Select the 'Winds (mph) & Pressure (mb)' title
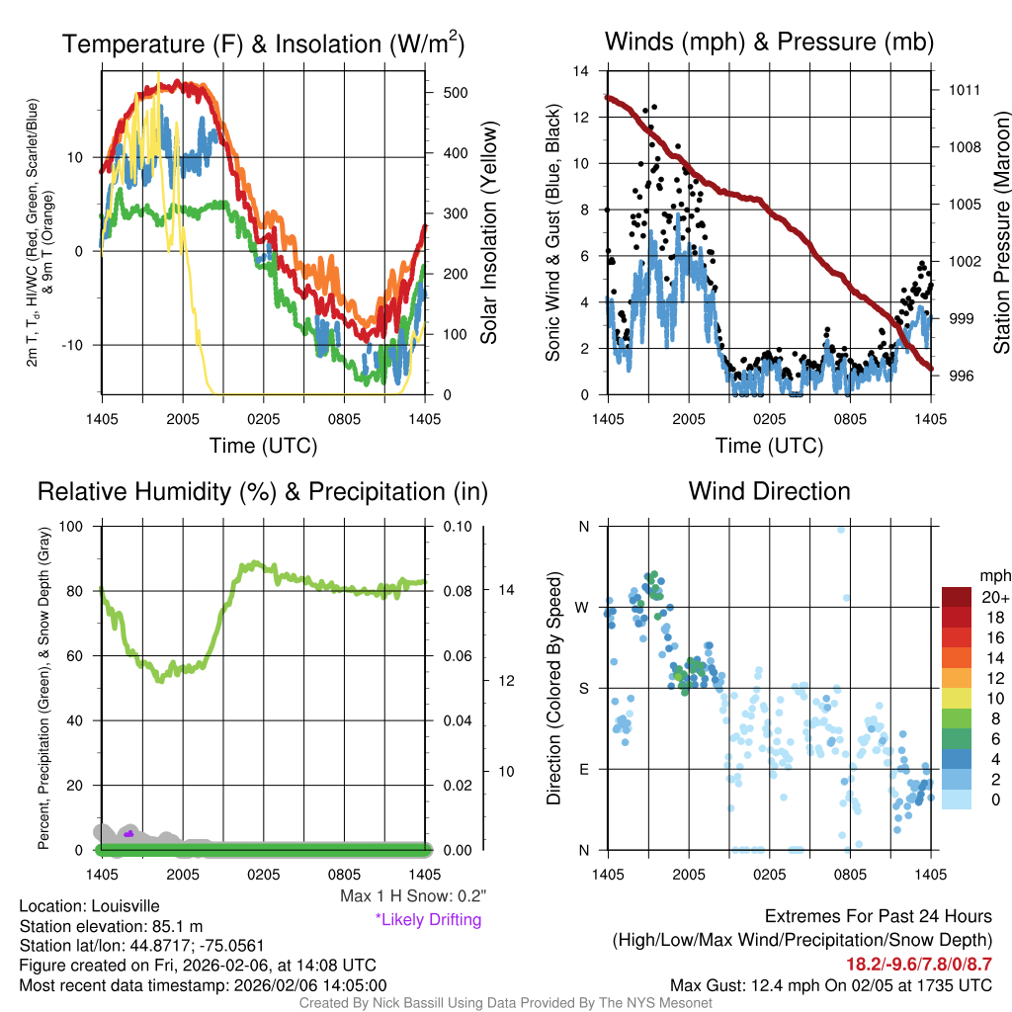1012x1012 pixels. point(769,42)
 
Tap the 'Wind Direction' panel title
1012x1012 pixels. point(769,491)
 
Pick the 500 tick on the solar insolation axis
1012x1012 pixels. point(454,92)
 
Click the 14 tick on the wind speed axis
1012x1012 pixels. point(581,71)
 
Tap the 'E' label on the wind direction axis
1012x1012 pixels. point(583,769)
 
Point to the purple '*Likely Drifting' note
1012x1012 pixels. point(428,920)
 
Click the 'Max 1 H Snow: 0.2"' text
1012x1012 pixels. point(413,896)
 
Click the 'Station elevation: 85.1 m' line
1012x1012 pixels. point(111,926)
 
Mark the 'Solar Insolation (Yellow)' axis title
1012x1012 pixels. point(488,233)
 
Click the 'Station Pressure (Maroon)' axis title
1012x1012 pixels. point(1000,233)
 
